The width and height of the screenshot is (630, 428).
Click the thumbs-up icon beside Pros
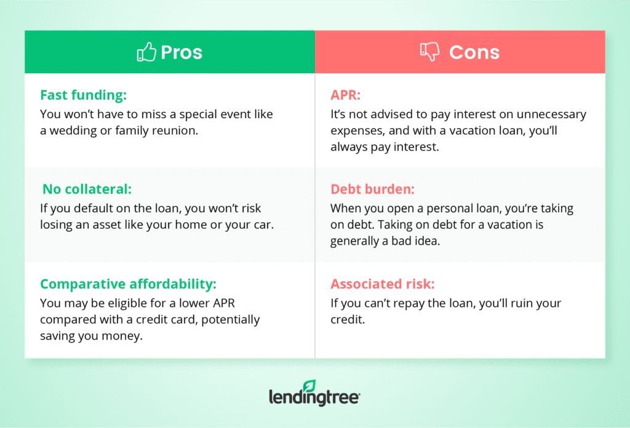pyautogui.click(x=146, y=52)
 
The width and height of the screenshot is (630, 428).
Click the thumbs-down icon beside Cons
pyautogui.click(x=429, y=52)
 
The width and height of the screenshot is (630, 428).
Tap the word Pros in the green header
pyautogui.click(x=181, y=52)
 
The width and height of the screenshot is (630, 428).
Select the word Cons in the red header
pyautogui.click(x=474, y=52)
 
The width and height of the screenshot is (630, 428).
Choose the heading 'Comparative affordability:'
pyautogui.click(x=129, y=284)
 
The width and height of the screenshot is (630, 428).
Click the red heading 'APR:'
pyautogui.click(x=345, y=95)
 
